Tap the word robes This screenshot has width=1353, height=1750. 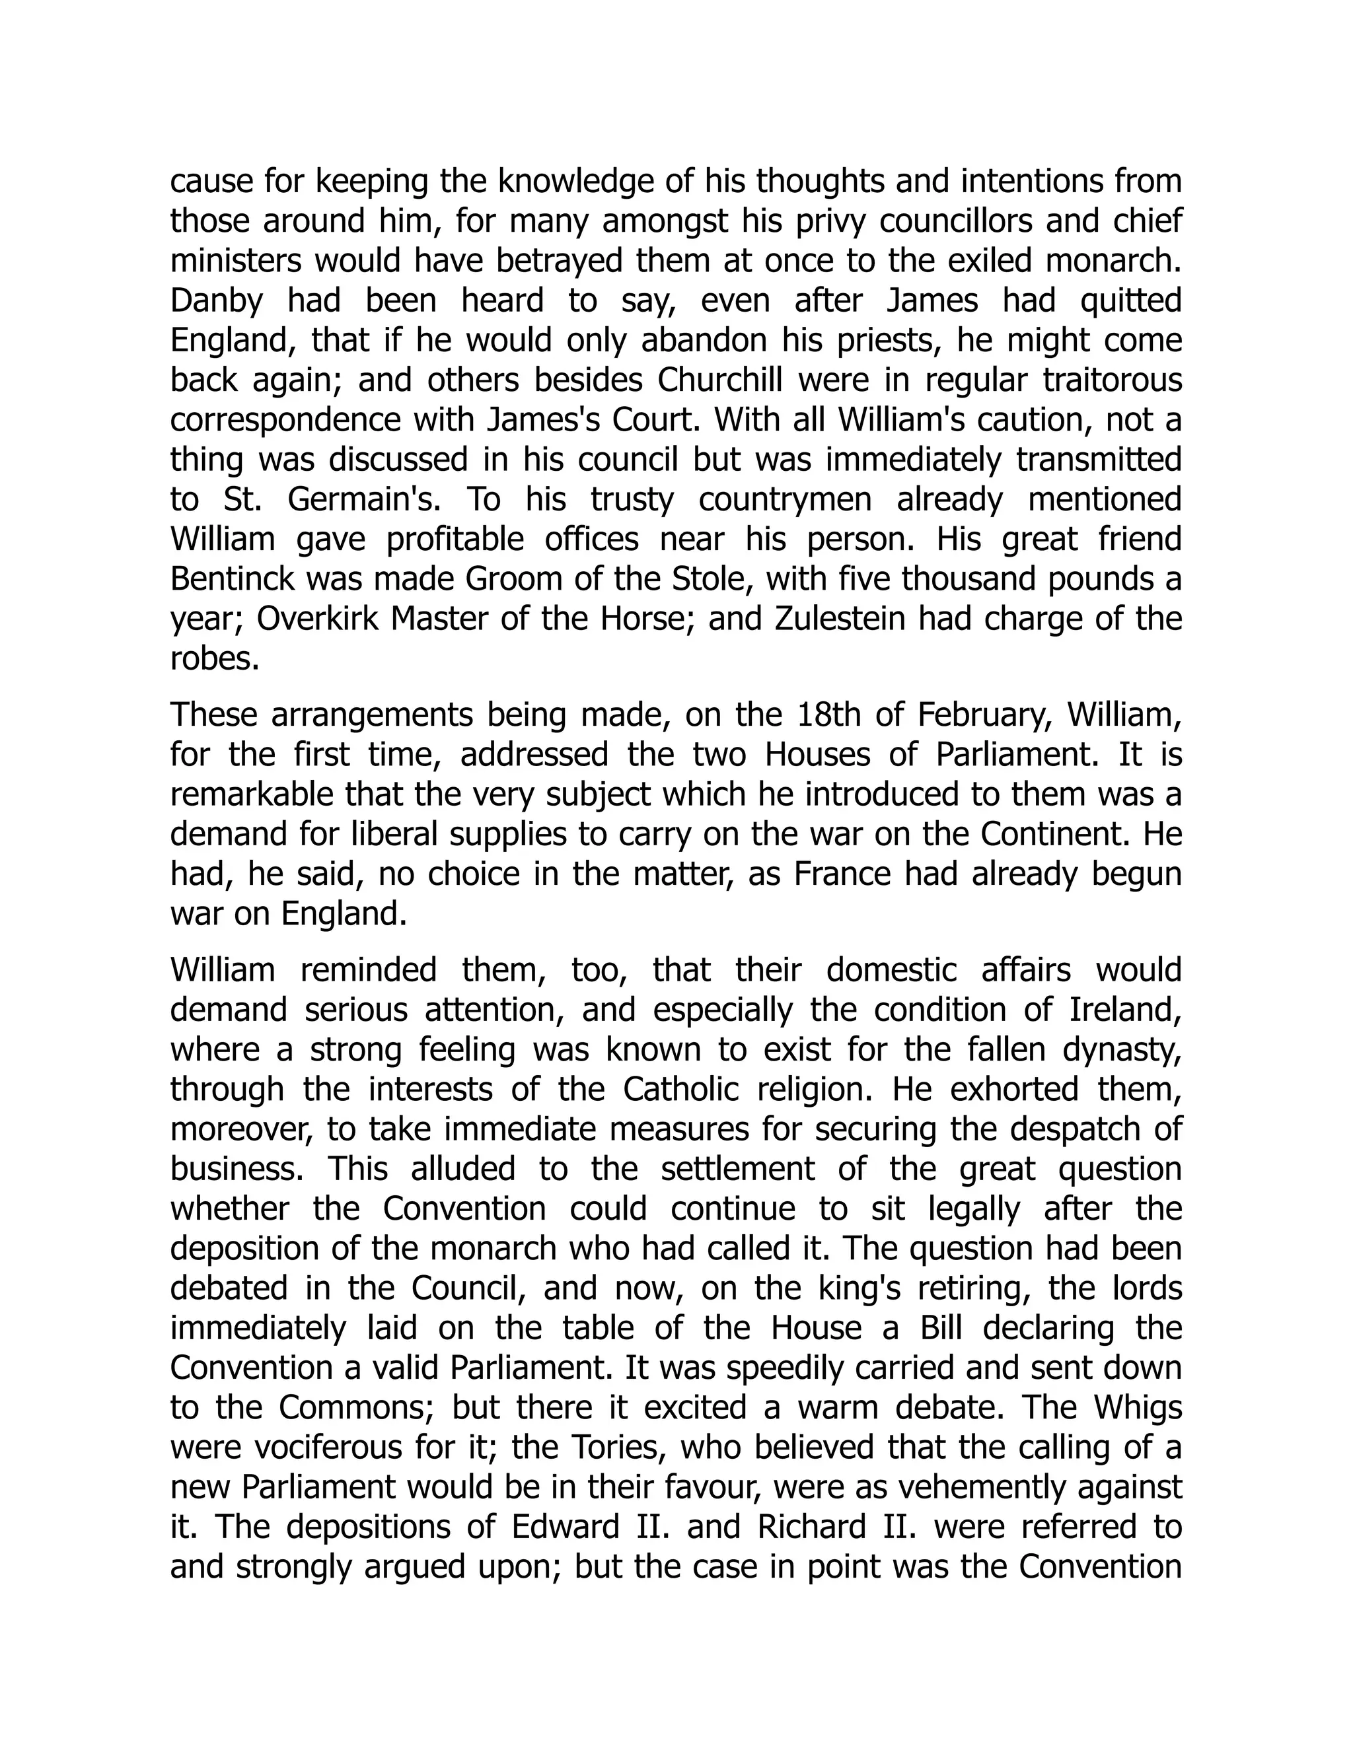[x=215, y=658]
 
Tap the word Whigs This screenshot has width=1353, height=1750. [x=1138, y=1408]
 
